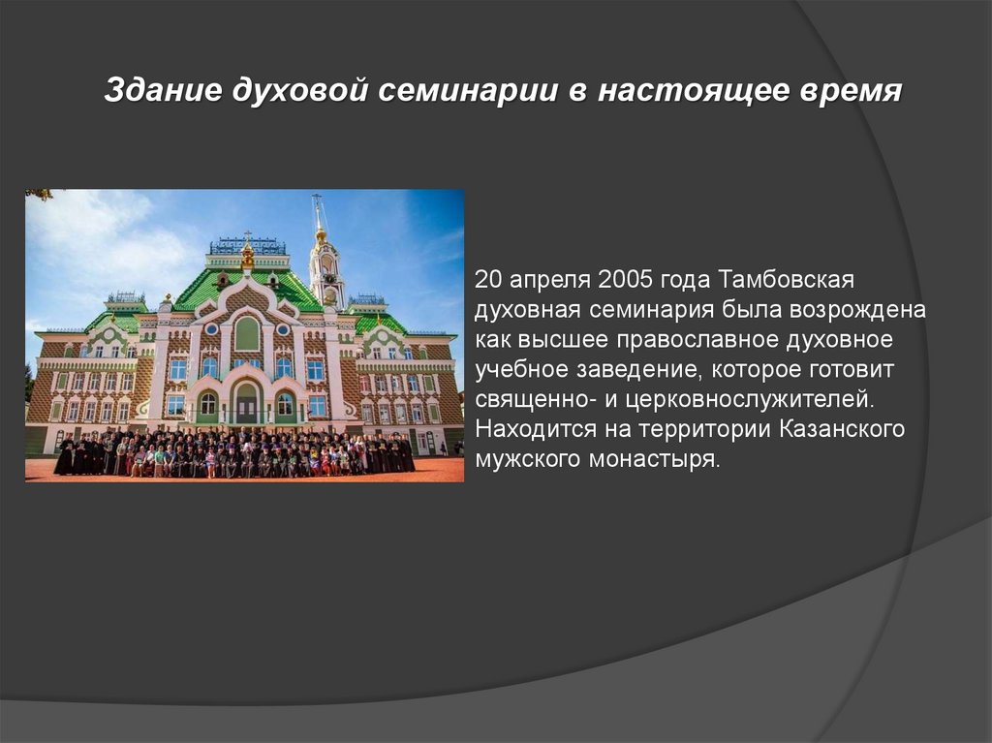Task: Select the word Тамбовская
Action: coord(786,281)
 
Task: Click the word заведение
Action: coord(646,371)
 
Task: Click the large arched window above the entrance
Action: coord(247,334)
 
